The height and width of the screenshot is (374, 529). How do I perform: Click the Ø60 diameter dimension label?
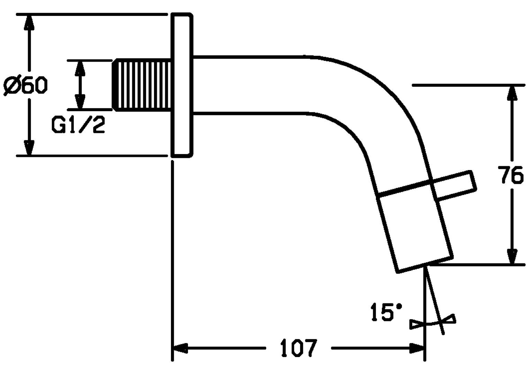click(x=25, y=86)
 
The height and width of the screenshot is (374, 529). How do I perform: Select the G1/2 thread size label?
click(x=78, y=125)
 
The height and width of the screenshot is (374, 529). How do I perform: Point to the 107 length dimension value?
click(x=298, y=348)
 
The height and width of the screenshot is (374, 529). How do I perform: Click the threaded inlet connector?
click(x=142, y=85)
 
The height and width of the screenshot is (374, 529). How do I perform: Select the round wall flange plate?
click(x=182, y=85)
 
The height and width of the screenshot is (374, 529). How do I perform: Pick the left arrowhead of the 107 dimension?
click(x=181, y=348)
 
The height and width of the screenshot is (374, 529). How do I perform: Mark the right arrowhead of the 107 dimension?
click(x=416, y=348)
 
